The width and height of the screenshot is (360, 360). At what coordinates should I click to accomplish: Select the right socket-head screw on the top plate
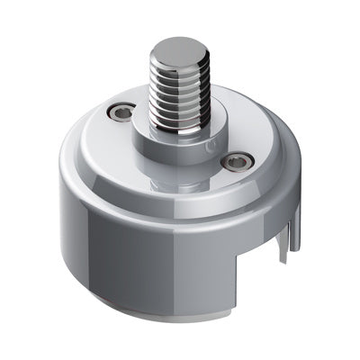pyautogui.click(x=237, y=162)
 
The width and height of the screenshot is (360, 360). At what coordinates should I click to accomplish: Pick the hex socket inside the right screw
pyautogui.click(x=237, y=163)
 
